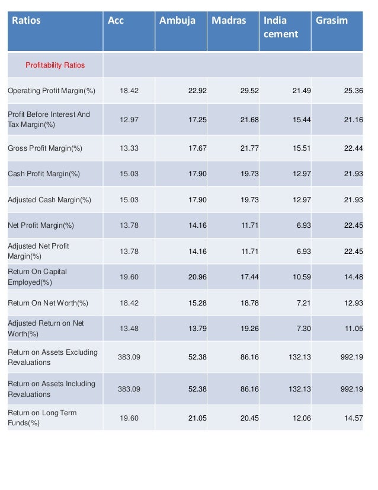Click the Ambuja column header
(177, 21)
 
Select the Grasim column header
(332, 21)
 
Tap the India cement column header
(280, 27)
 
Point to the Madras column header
(229, 21)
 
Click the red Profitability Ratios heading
(55, 65)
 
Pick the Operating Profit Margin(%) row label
(52, 91)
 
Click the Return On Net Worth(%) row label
(48, 303)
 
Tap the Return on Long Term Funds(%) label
(42, 418)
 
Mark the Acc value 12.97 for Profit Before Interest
(129, 119)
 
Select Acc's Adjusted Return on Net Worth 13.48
(129, 329)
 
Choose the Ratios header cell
(28, 21)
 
